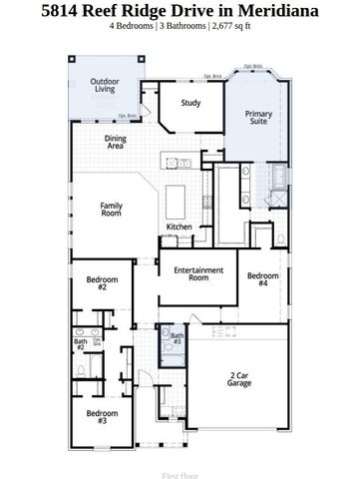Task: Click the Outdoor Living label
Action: click(x=105, y=86)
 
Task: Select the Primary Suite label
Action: click(x=258, y=119)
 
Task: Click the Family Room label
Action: click(x=110, y=209)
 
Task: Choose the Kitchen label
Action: click(x=179, y=228)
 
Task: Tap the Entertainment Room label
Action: click(x=195, y=273)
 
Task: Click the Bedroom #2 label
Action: click(x=102, y=283)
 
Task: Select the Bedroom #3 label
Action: click(x=102, y=416)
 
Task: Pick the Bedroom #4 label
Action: click(x=262, y=279)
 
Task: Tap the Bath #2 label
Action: click(x=80, y=344)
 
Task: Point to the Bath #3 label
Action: click(x=176, y=339)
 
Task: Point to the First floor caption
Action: click(x=180, y=463)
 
